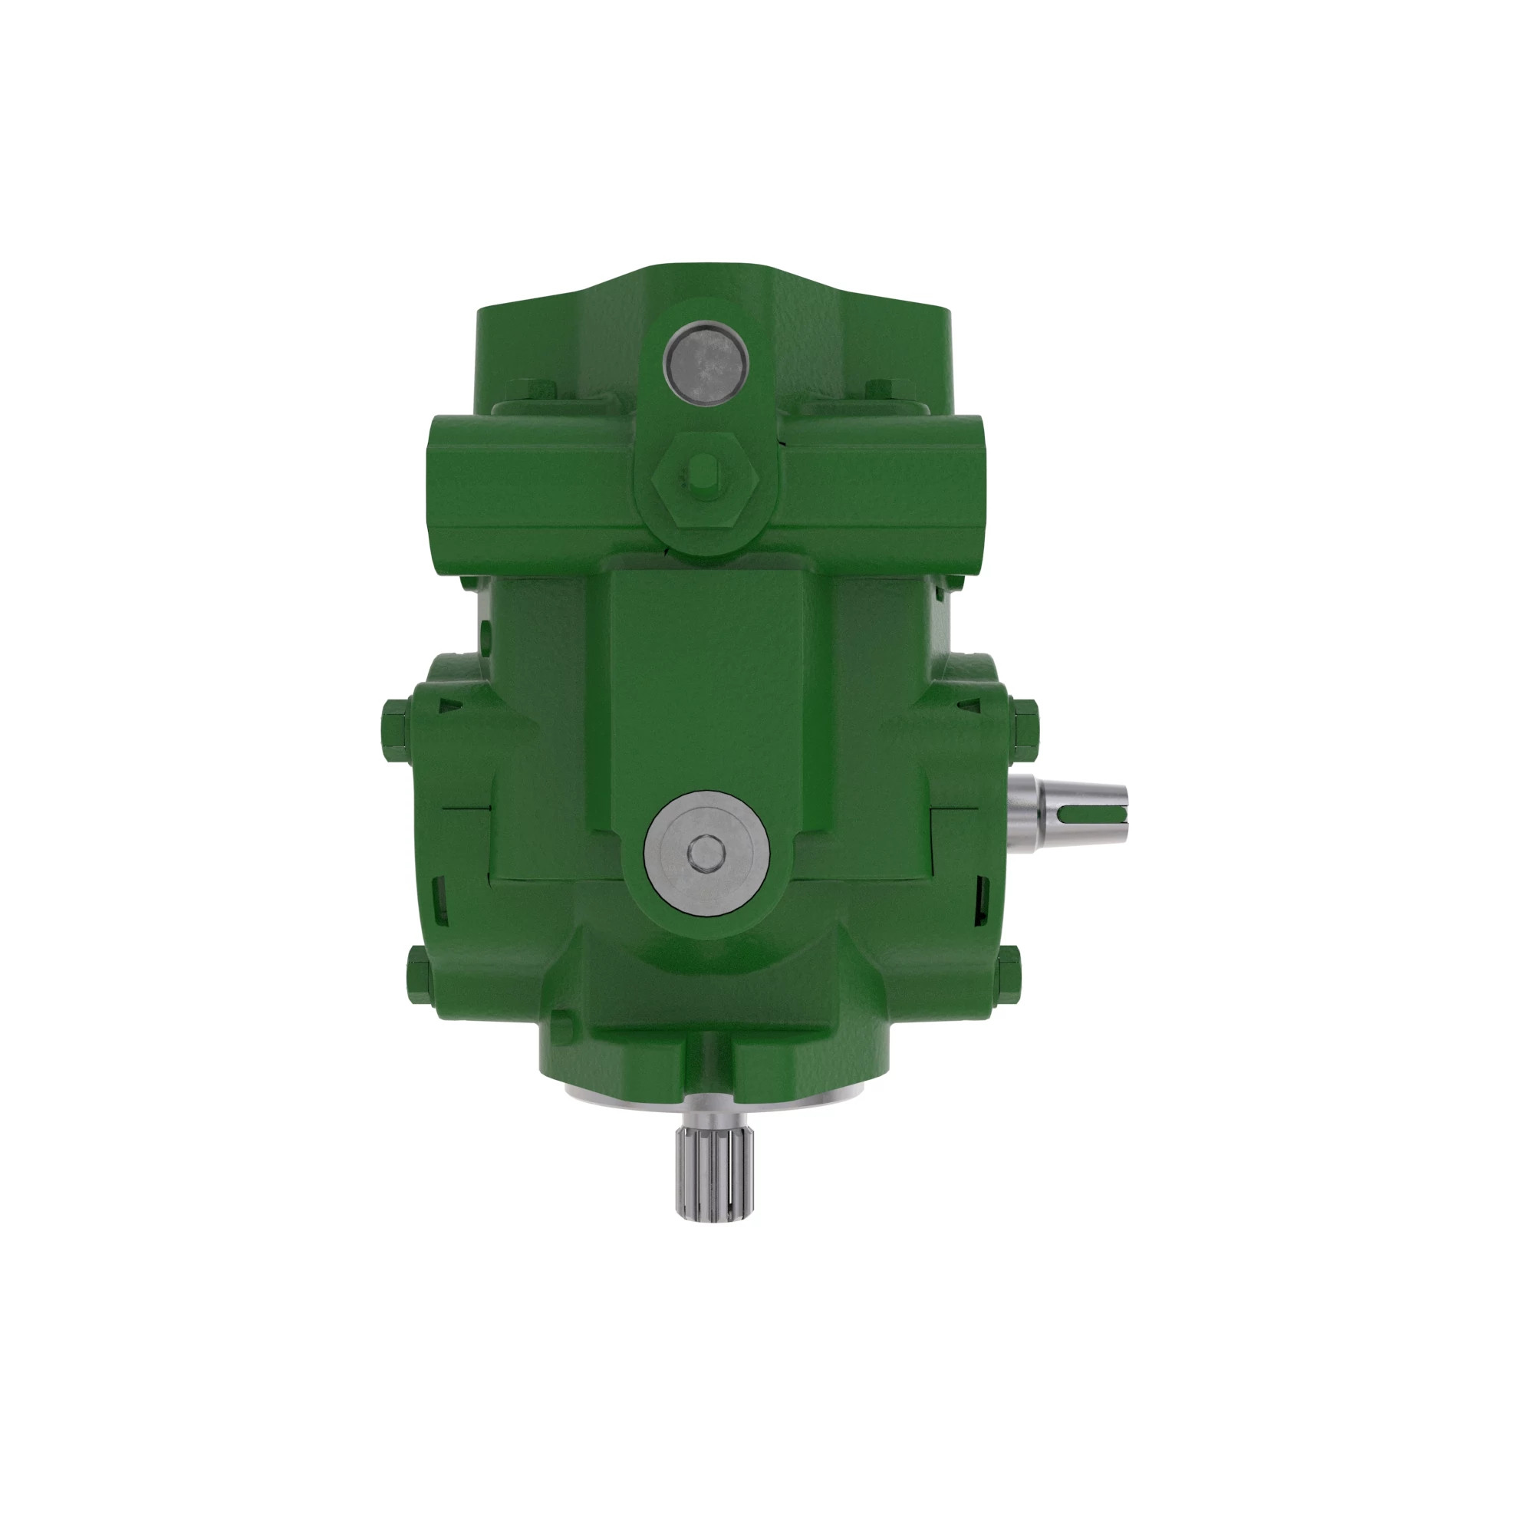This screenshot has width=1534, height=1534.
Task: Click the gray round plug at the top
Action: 706,364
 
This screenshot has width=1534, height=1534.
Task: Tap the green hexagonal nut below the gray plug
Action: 705,482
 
